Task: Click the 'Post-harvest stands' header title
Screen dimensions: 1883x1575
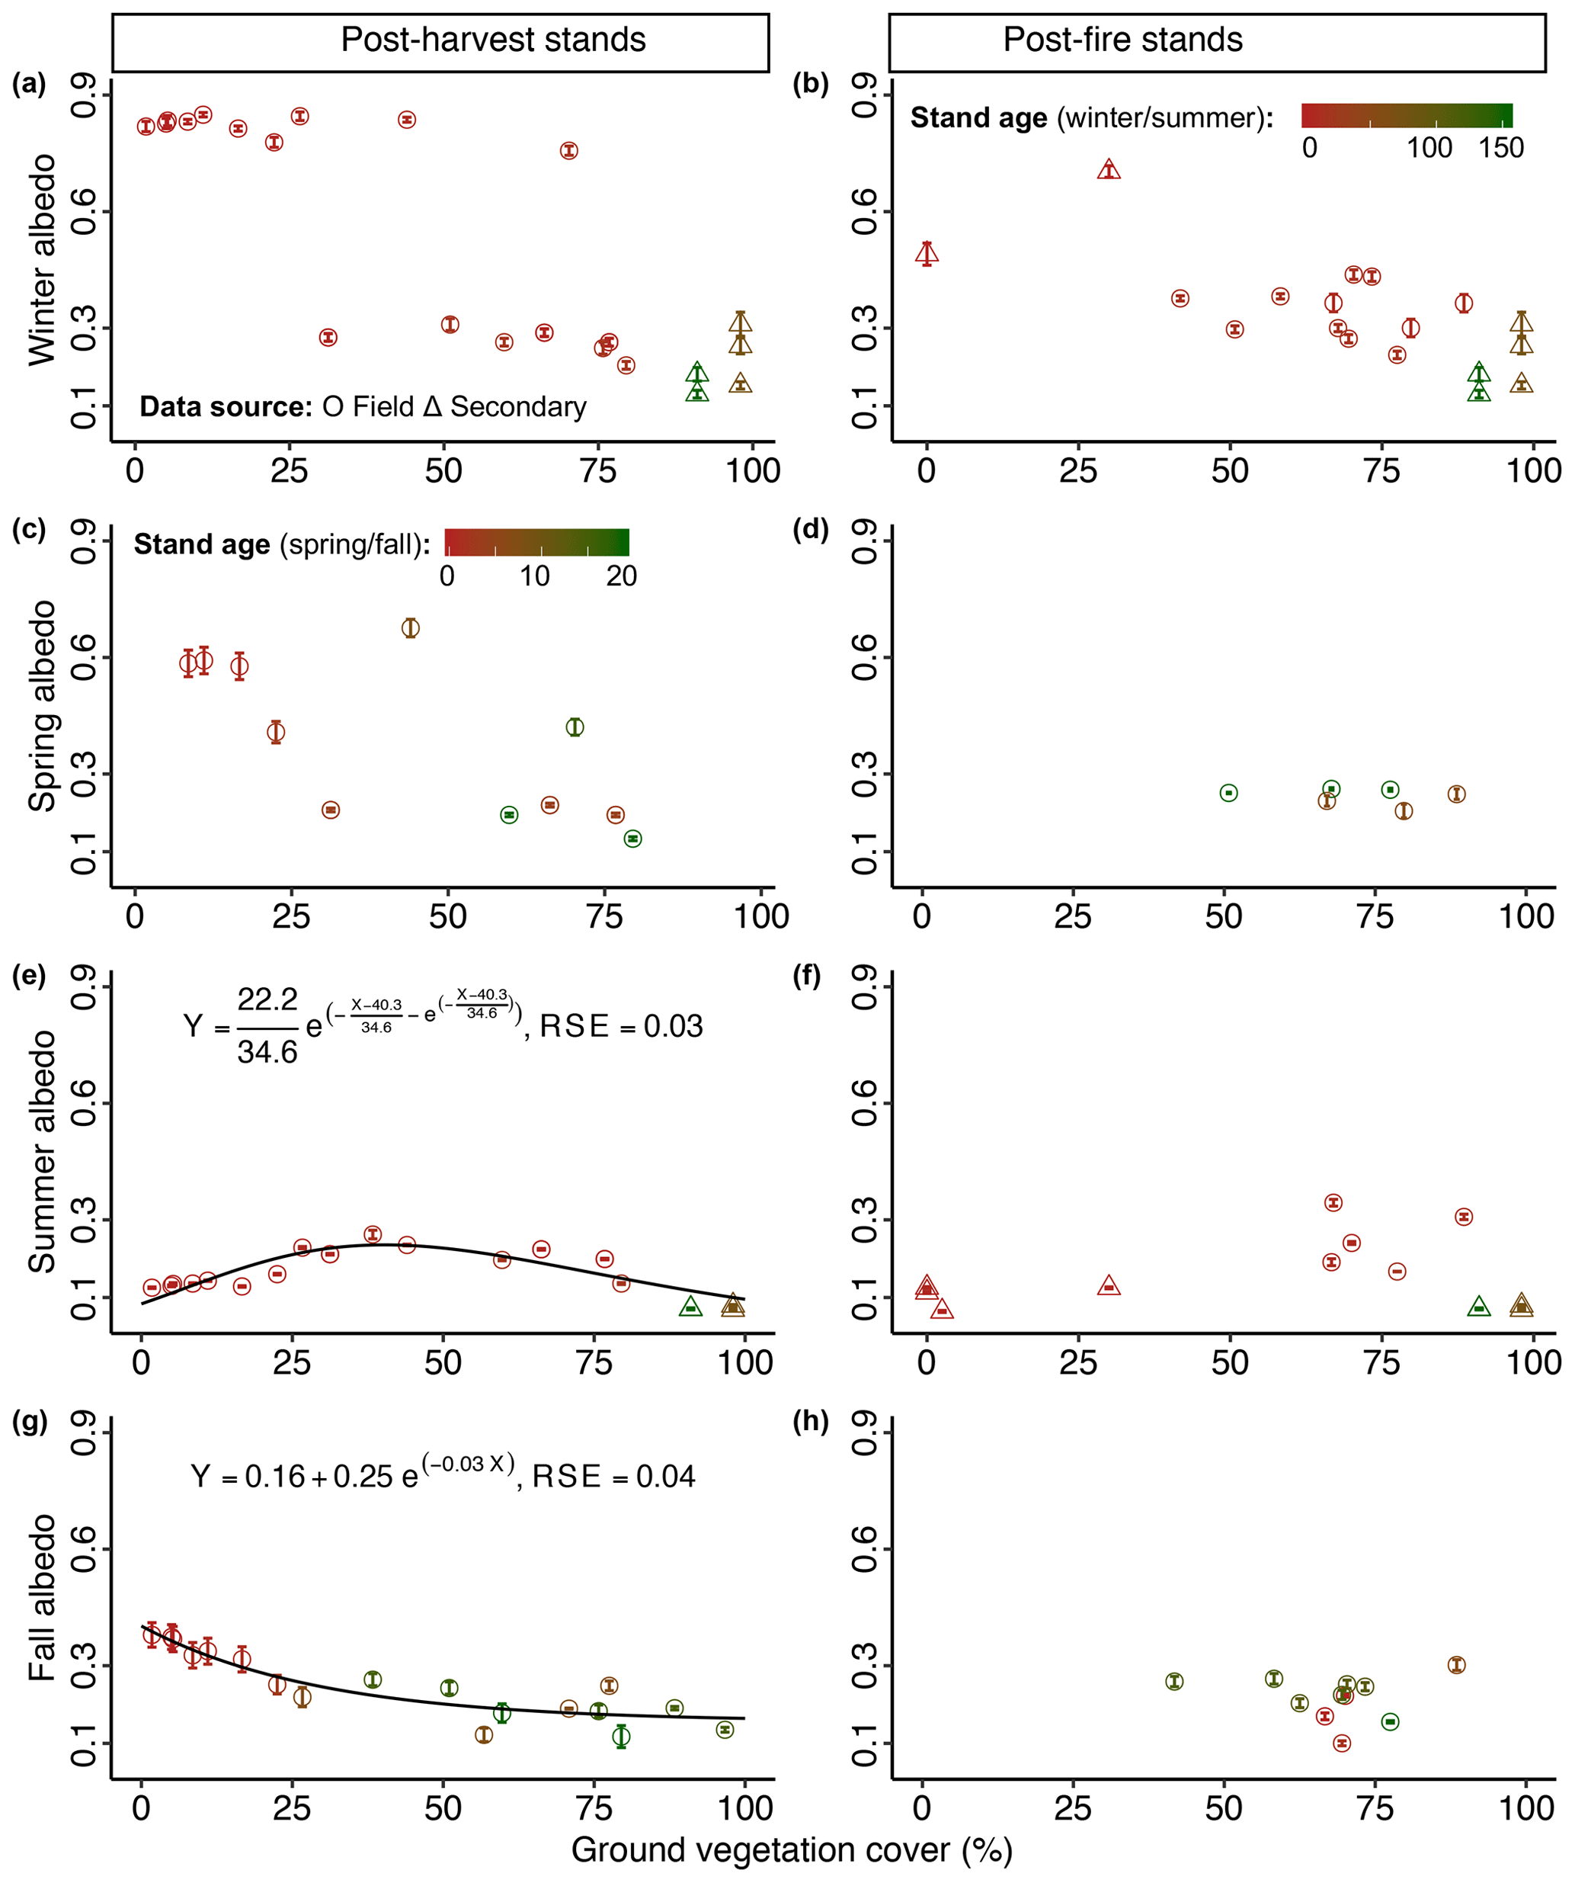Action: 493,40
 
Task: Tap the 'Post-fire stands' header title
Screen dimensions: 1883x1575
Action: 1122,40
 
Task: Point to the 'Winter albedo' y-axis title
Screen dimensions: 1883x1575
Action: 42,260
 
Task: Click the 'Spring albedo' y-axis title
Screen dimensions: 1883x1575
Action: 42,706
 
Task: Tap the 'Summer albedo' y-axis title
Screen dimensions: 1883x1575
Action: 42,1151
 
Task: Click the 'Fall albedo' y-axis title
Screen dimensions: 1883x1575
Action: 42,1597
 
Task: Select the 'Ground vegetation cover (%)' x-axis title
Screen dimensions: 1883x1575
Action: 792,1849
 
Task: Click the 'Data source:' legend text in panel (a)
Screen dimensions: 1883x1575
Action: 225,407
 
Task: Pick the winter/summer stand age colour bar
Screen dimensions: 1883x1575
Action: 1407,116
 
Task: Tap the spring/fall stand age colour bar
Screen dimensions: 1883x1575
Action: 537,543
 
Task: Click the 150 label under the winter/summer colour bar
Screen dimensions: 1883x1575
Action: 1500,148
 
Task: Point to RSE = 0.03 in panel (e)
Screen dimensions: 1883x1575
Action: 620,1026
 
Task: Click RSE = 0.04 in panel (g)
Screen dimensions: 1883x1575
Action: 613,1477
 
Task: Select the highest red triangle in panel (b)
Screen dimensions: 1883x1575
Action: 1109,169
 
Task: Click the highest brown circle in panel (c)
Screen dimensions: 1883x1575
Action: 410,627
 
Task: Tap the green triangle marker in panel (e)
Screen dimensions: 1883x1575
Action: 690,1307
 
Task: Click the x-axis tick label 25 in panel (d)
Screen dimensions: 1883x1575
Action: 1072,916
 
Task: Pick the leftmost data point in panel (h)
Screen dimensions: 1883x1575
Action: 1174,1681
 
